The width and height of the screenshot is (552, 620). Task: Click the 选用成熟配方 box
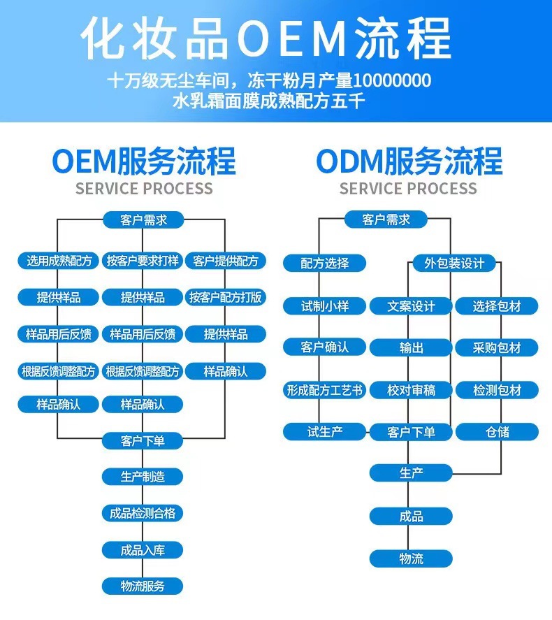[x=59, y=261]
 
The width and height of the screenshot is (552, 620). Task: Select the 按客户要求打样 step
[x=143, y=261]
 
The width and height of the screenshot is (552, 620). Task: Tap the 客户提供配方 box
[x=226, y=261]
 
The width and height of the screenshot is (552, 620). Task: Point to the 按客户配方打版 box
[x=226, y=298]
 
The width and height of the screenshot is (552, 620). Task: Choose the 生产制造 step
[x=143, y=477]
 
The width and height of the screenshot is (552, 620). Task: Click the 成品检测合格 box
[x=143, y=513]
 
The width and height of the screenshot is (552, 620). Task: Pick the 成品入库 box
[x=143, y=549]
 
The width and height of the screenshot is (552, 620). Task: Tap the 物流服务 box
[x=143, y=586]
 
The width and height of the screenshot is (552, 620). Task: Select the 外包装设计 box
[x=453, y=264]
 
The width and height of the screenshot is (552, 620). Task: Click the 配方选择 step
[x=324, y=264]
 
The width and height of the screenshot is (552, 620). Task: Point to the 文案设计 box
[x=411, y=306]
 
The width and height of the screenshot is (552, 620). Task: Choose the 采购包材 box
[x=497, y=348]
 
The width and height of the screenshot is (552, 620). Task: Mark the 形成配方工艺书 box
[x=324, y=391]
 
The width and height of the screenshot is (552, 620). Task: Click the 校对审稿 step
[x=411, y=391]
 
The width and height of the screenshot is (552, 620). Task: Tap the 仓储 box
[x=497, y=432]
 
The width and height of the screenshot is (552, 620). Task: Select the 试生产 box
[x=324, y=432]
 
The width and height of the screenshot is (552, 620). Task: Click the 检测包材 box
[x=497, y=391]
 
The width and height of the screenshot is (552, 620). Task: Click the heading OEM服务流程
[x=144, y=161]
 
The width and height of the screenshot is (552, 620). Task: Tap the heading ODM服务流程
[x=409, y=161]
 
